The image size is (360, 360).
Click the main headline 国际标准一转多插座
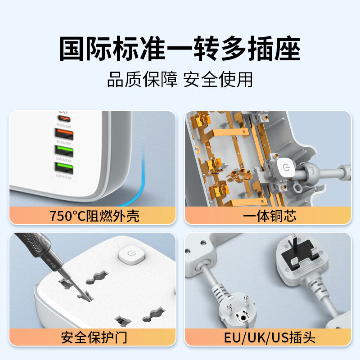(x=180, y=49)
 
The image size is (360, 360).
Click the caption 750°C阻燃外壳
(x=94, y=216)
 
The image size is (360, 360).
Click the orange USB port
(x=63, y=133)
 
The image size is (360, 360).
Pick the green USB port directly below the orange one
(x=63, y=150)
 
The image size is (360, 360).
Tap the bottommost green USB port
(x=63, y=167)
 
